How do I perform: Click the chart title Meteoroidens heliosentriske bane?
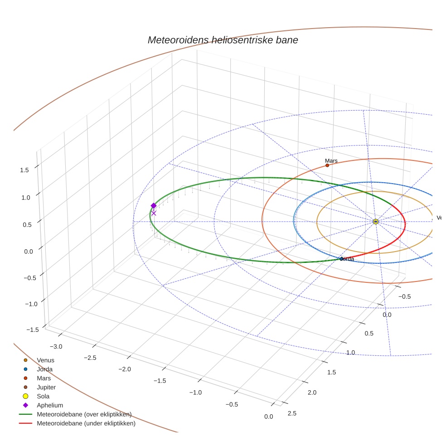(223, 40)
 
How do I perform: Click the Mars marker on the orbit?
(327, 165)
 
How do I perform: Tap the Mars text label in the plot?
(331, 161)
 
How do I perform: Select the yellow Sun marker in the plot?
(376, 221)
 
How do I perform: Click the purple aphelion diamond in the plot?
(154, 206)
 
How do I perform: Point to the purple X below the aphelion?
(154, 213)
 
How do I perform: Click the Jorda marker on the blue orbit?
(342, 259)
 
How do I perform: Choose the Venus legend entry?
(45, 360)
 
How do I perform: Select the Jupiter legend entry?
(46, 388)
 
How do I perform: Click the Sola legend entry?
(43, 397)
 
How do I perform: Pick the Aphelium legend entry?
(50, 406)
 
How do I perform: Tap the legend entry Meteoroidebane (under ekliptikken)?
(86, 424)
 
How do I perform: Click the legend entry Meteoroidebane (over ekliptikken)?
(84, 415)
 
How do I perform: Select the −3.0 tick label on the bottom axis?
(56, 346)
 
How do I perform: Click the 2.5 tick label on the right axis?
(292, 413)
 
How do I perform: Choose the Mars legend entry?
(44, 378)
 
